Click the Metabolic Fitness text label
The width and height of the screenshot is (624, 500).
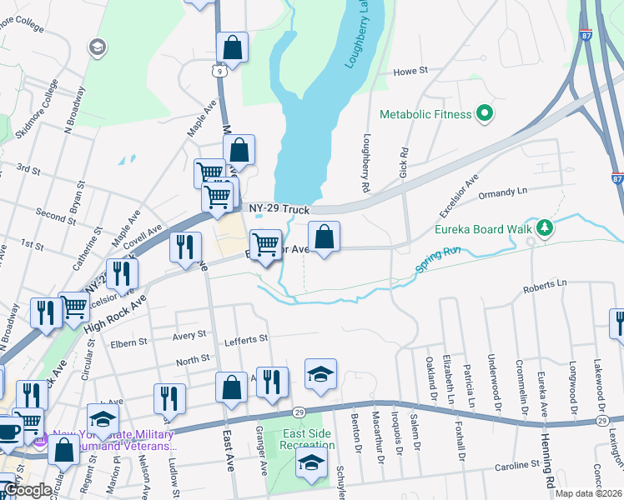[x=425, y=114]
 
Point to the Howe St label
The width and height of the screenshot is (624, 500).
[x=410, y=72]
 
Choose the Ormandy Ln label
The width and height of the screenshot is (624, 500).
[x=505, y=192]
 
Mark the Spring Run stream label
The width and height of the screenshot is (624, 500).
[x=439, y=262]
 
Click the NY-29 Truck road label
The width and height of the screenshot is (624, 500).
[x=279, y=210]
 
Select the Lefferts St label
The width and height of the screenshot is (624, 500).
[x=246, y=339]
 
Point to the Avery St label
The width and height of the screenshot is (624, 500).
[x=189, y=335]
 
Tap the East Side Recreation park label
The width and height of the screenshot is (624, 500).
[x=308, y=439]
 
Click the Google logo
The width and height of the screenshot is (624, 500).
[x=28, y=491]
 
